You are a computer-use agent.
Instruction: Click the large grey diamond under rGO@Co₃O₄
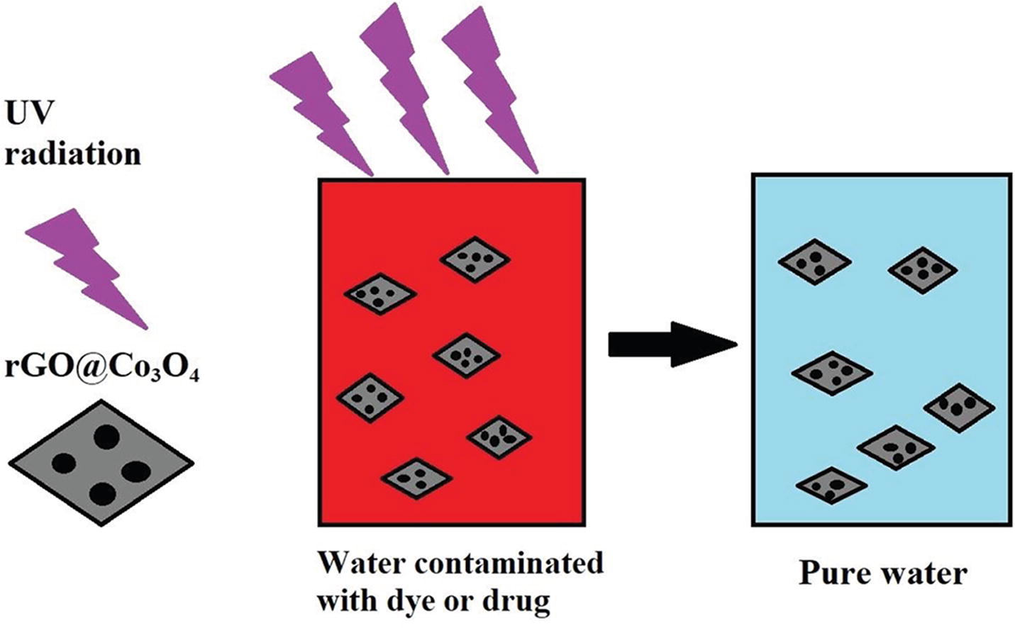point(101,462)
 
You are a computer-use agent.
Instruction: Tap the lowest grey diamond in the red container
point(416,477)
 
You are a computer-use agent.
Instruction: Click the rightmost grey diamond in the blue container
point(959,407)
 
